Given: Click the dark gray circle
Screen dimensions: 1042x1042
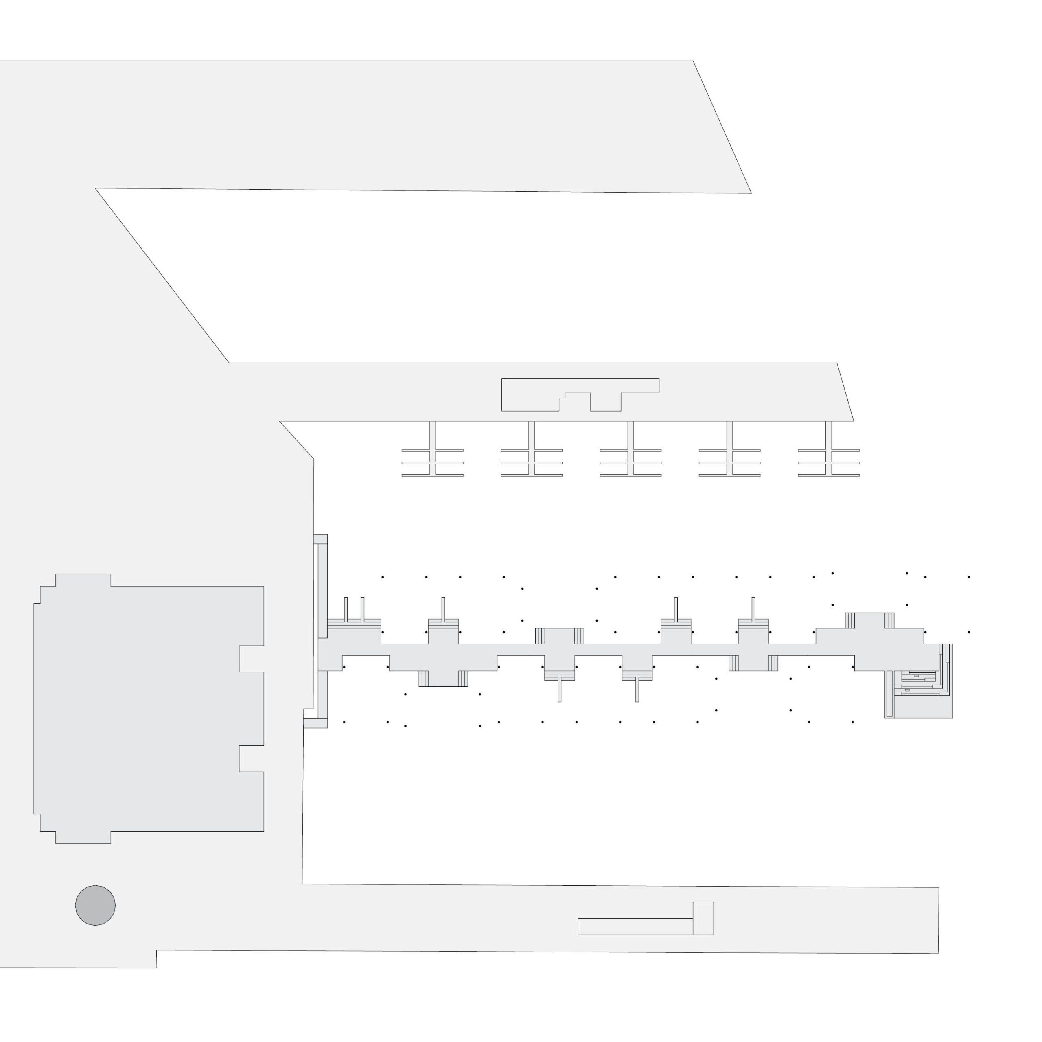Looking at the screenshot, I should pyautogui.click(x=96, y=905).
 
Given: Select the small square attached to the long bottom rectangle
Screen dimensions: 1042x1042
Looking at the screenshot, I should pyautogui.click(x=703, y=918).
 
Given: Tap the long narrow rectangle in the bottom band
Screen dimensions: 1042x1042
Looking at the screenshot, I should pyautogui.click(x=635, y=926).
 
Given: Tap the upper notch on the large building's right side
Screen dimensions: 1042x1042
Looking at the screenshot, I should pyautogui.click(x=251, y=659).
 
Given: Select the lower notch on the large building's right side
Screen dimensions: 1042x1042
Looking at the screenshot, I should pyautogui.click(x=251, y=758).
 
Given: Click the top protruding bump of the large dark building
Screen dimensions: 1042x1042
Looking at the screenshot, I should pyautogui.click(x=83, y=580).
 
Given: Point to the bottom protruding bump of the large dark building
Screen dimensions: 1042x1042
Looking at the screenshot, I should pyautogui.click(x=83, y=837).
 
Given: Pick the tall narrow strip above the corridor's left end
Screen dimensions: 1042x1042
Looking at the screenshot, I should pyautogui.click(x=322, y=591).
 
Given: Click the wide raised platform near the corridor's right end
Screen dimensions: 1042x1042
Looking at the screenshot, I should pyautogui.click(x=869, y=620).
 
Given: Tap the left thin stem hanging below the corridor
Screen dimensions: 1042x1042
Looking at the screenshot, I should pyautogui.click(x=559, y=690).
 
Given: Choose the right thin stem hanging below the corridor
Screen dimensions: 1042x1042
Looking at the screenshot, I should pyautogui.click(x=637, y=690).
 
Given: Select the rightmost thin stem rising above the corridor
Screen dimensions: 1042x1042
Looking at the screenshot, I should pyautogui.click(x=753, y=609).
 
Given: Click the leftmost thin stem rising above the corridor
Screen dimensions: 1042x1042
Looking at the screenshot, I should pyautogui.click(x=346, y=609).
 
